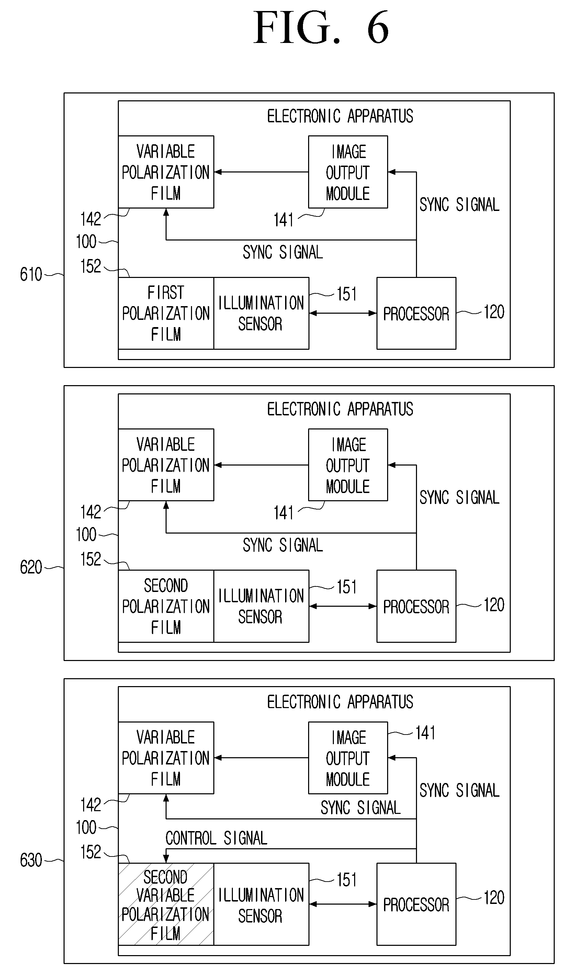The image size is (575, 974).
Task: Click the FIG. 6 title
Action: (321, 27)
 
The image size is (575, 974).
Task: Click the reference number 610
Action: (31, 274)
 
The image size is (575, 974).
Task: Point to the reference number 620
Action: (31, 567)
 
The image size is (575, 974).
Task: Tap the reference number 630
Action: (31, 860)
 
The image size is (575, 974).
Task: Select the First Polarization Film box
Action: (166, 313)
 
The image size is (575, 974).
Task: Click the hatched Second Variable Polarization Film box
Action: (166, 904)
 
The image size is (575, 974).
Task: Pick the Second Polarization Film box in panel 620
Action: (166, 606)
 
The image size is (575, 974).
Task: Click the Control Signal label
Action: (216, 838)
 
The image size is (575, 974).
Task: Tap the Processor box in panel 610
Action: (416, 313)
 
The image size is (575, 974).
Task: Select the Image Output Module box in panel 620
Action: (348, 465)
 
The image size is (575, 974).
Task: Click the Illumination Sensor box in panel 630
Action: (261, 904)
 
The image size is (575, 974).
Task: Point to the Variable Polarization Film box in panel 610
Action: (166, 172)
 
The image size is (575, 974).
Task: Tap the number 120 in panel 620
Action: (494, 605)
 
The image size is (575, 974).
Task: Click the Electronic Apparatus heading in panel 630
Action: (340, 702)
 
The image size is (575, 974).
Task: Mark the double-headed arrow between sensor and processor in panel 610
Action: (343, 313)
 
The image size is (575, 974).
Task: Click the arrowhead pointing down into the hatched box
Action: (166, 859)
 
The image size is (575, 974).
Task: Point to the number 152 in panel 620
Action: (91, 559)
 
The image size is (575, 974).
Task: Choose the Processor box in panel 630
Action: (416, 904)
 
